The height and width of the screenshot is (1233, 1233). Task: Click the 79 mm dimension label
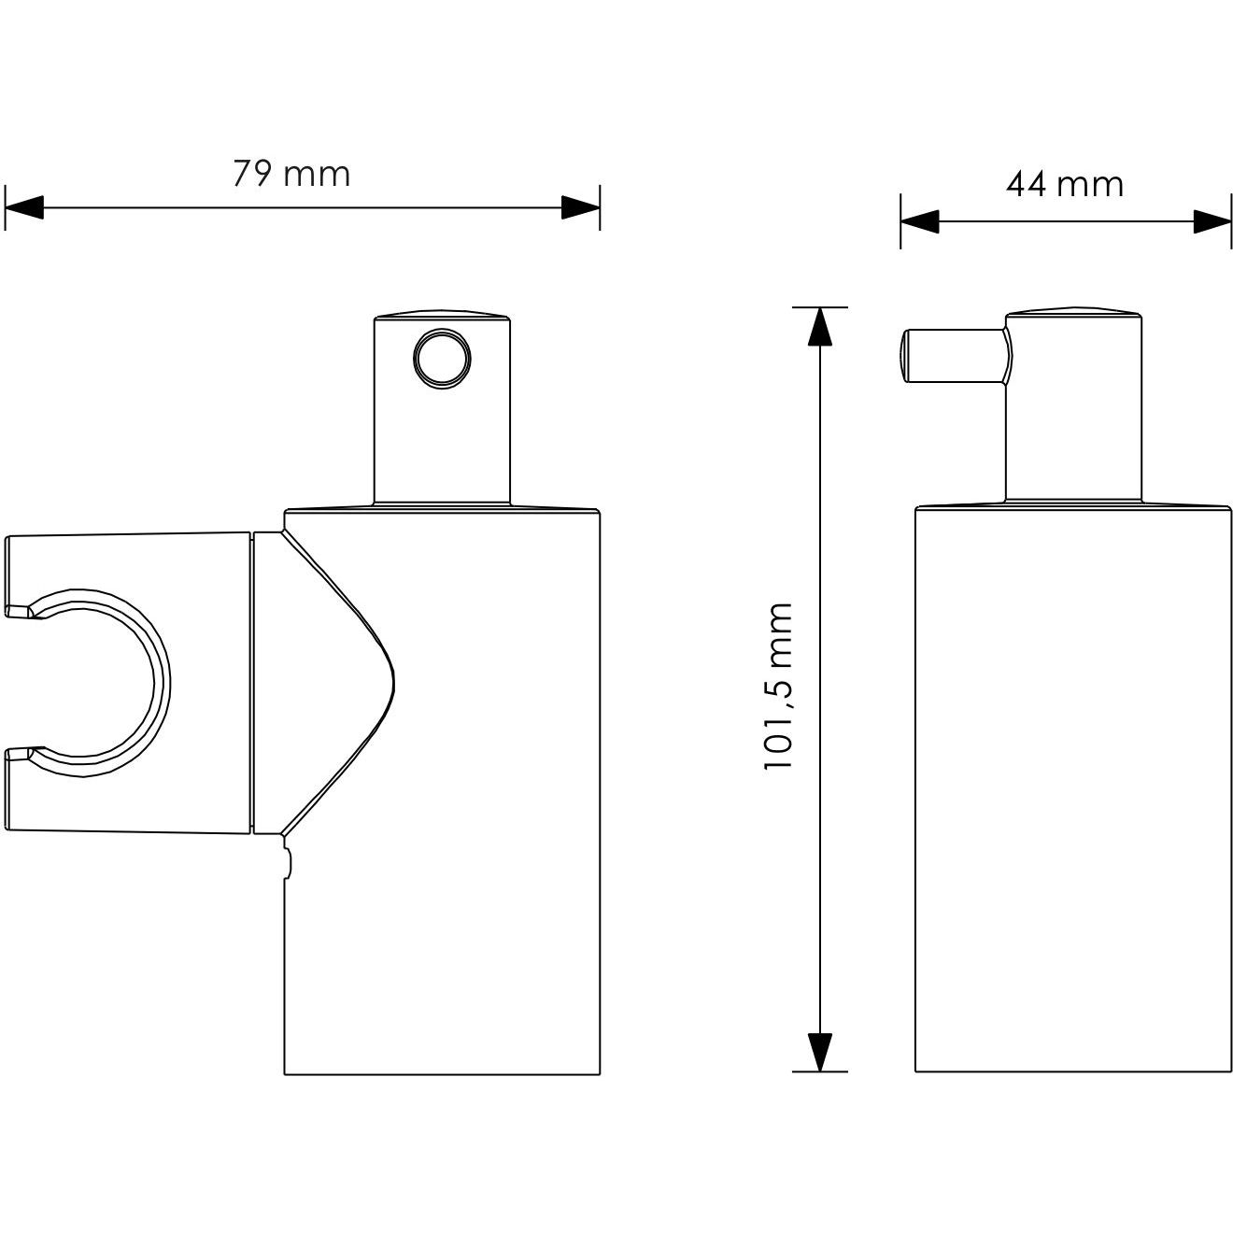(x=291, y=174)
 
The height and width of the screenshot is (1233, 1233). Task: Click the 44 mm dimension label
(x=1065, y=184)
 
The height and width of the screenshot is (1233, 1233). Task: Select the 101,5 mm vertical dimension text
(x=779, y=687)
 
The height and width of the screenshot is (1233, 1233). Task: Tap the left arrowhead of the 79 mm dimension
(x=24, y=207)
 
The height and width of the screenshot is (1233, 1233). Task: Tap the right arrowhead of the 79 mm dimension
(x=580, y=207)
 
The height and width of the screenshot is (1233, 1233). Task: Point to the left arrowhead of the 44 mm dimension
(x=919, y=221)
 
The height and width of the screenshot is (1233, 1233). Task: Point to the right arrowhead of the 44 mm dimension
(x=1212, y=221)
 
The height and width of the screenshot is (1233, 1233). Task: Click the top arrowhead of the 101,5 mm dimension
(x=819, y=326)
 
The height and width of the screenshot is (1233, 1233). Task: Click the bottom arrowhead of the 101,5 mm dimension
(x=819, y=1052)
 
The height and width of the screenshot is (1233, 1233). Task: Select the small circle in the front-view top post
(x=442, y=359)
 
